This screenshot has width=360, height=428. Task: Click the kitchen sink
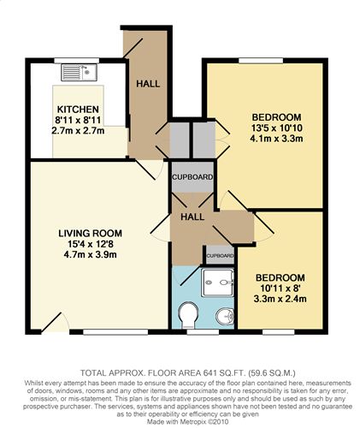[79, 72]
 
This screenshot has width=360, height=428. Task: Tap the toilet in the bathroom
[188, 315]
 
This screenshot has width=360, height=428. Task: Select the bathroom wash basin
[225, 317]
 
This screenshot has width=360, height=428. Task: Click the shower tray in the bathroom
[218, 282]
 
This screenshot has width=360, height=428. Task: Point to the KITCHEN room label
[78, 110]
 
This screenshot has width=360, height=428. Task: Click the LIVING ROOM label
[90, 234]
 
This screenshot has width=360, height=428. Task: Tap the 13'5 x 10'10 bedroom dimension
[277, 128]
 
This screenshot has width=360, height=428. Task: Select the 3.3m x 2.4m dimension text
[280, 299]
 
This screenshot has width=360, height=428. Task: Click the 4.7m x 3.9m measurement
[90, 254]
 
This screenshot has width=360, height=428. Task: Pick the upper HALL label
[148, 84]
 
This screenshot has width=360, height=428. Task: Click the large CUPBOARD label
[192, 177]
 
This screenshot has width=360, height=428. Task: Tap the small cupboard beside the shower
[220, 256]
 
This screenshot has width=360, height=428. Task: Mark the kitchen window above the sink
[77, 61]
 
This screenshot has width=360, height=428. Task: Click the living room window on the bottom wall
[115, 332]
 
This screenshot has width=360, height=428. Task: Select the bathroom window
[203, 332]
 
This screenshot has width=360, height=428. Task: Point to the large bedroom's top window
[261, 61]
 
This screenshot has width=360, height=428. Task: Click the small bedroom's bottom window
[279, 332]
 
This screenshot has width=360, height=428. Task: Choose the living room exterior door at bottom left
[56, 324]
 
